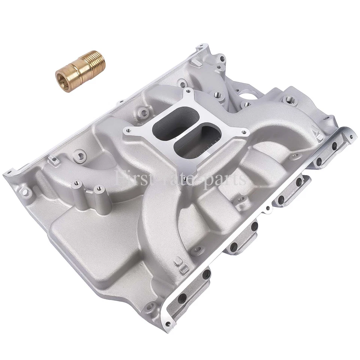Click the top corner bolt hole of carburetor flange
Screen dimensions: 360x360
[x=186, y=90]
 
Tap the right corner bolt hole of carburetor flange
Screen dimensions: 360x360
[x=246, y=132]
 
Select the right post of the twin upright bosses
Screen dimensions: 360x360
[x=99, y=189]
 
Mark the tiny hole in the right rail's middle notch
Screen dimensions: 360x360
[x=268, y=207]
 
